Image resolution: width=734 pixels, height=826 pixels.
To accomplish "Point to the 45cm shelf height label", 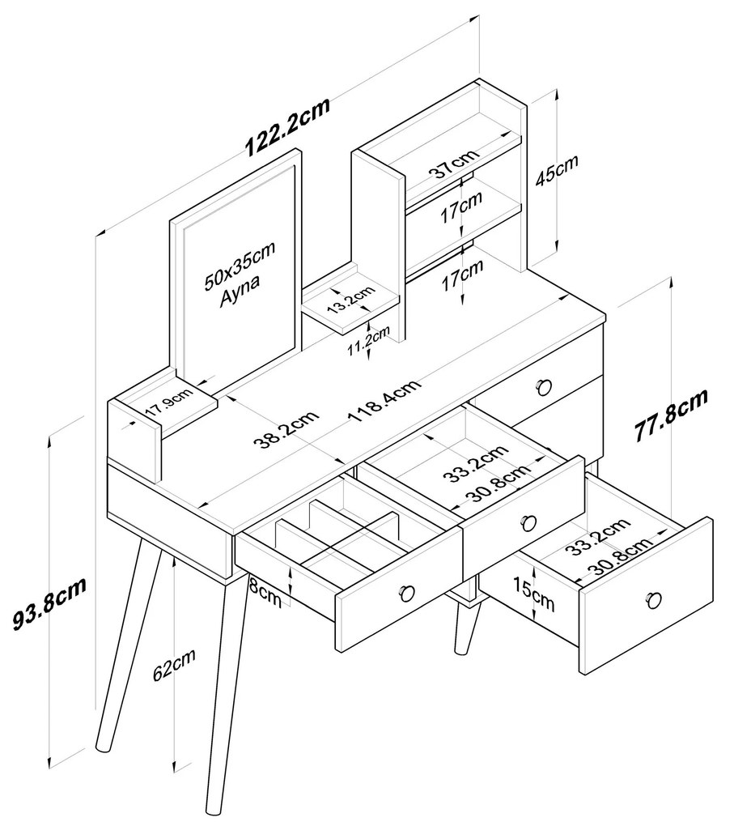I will click(557, 172).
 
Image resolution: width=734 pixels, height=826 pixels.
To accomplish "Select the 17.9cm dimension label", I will click(168, 402).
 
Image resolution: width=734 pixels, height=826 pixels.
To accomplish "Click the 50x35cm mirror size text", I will click(239, 266).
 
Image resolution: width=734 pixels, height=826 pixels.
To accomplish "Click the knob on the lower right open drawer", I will click(652, 600).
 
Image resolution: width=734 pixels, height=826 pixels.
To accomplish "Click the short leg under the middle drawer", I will click(467, 628).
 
